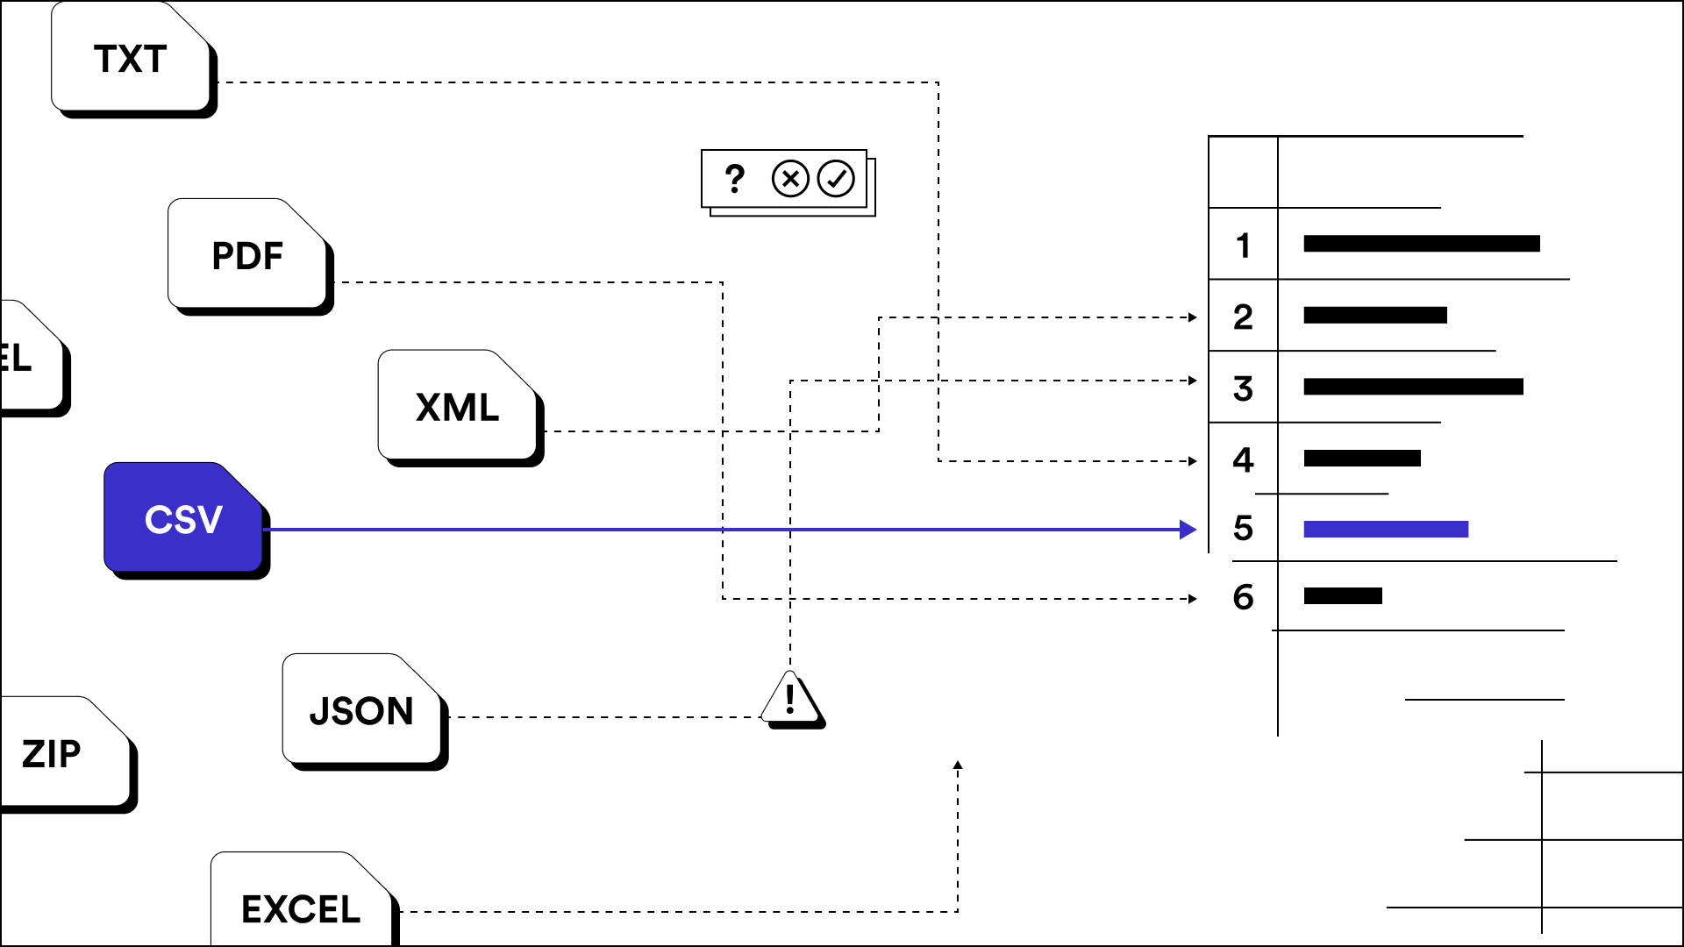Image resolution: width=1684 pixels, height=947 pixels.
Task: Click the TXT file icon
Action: pyautogui.click(x=132, y=59)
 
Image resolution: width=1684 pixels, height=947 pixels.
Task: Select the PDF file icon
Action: pyautogui.click(x=247, y=255)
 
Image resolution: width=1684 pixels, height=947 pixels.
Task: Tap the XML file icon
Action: pyautogui.click(x=458, y=407)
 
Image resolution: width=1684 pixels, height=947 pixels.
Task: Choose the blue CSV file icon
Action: pyautogui.click(x=183, y=519)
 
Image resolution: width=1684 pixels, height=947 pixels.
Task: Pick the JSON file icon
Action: pyautogui.click(x=361, y=710)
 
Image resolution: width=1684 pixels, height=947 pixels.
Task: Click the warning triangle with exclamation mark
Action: pyautogui.click(x=791, y=700)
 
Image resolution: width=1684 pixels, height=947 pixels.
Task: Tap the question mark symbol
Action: pyautogui.click(x=735, y=179)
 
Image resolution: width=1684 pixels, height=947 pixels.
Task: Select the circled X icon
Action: pyautogui.click(x=790, y=179)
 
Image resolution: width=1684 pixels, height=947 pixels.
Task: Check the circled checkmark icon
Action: pyautogui.click(x=836, y=179)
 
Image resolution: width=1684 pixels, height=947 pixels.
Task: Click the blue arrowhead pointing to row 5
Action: pyautogui.click(x=1188, y=530)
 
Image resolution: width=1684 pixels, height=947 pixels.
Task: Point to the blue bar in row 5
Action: pyautogui.click(x=1386, y=529)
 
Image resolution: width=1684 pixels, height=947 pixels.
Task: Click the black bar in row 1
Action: pyautogui.click(x=1421, y=244)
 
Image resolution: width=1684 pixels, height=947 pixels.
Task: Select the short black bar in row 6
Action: pyautogui.click(x=1343, y=596)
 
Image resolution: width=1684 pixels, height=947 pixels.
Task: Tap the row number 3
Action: pyautogui.click(x=1243, y=388)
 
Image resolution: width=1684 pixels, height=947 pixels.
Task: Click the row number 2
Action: pyautogui.click(x=1243, y=317)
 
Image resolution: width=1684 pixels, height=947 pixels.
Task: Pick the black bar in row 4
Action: pyautogui.click(x=1362, y=458)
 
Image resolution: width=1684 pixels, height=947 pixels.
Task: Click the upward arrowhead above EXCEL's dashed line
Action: pyautogui.click(x=958, y=765)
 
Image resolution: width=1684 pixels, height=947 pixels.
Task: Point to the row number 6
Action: pyautogui.click(x=1243, y=598)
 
